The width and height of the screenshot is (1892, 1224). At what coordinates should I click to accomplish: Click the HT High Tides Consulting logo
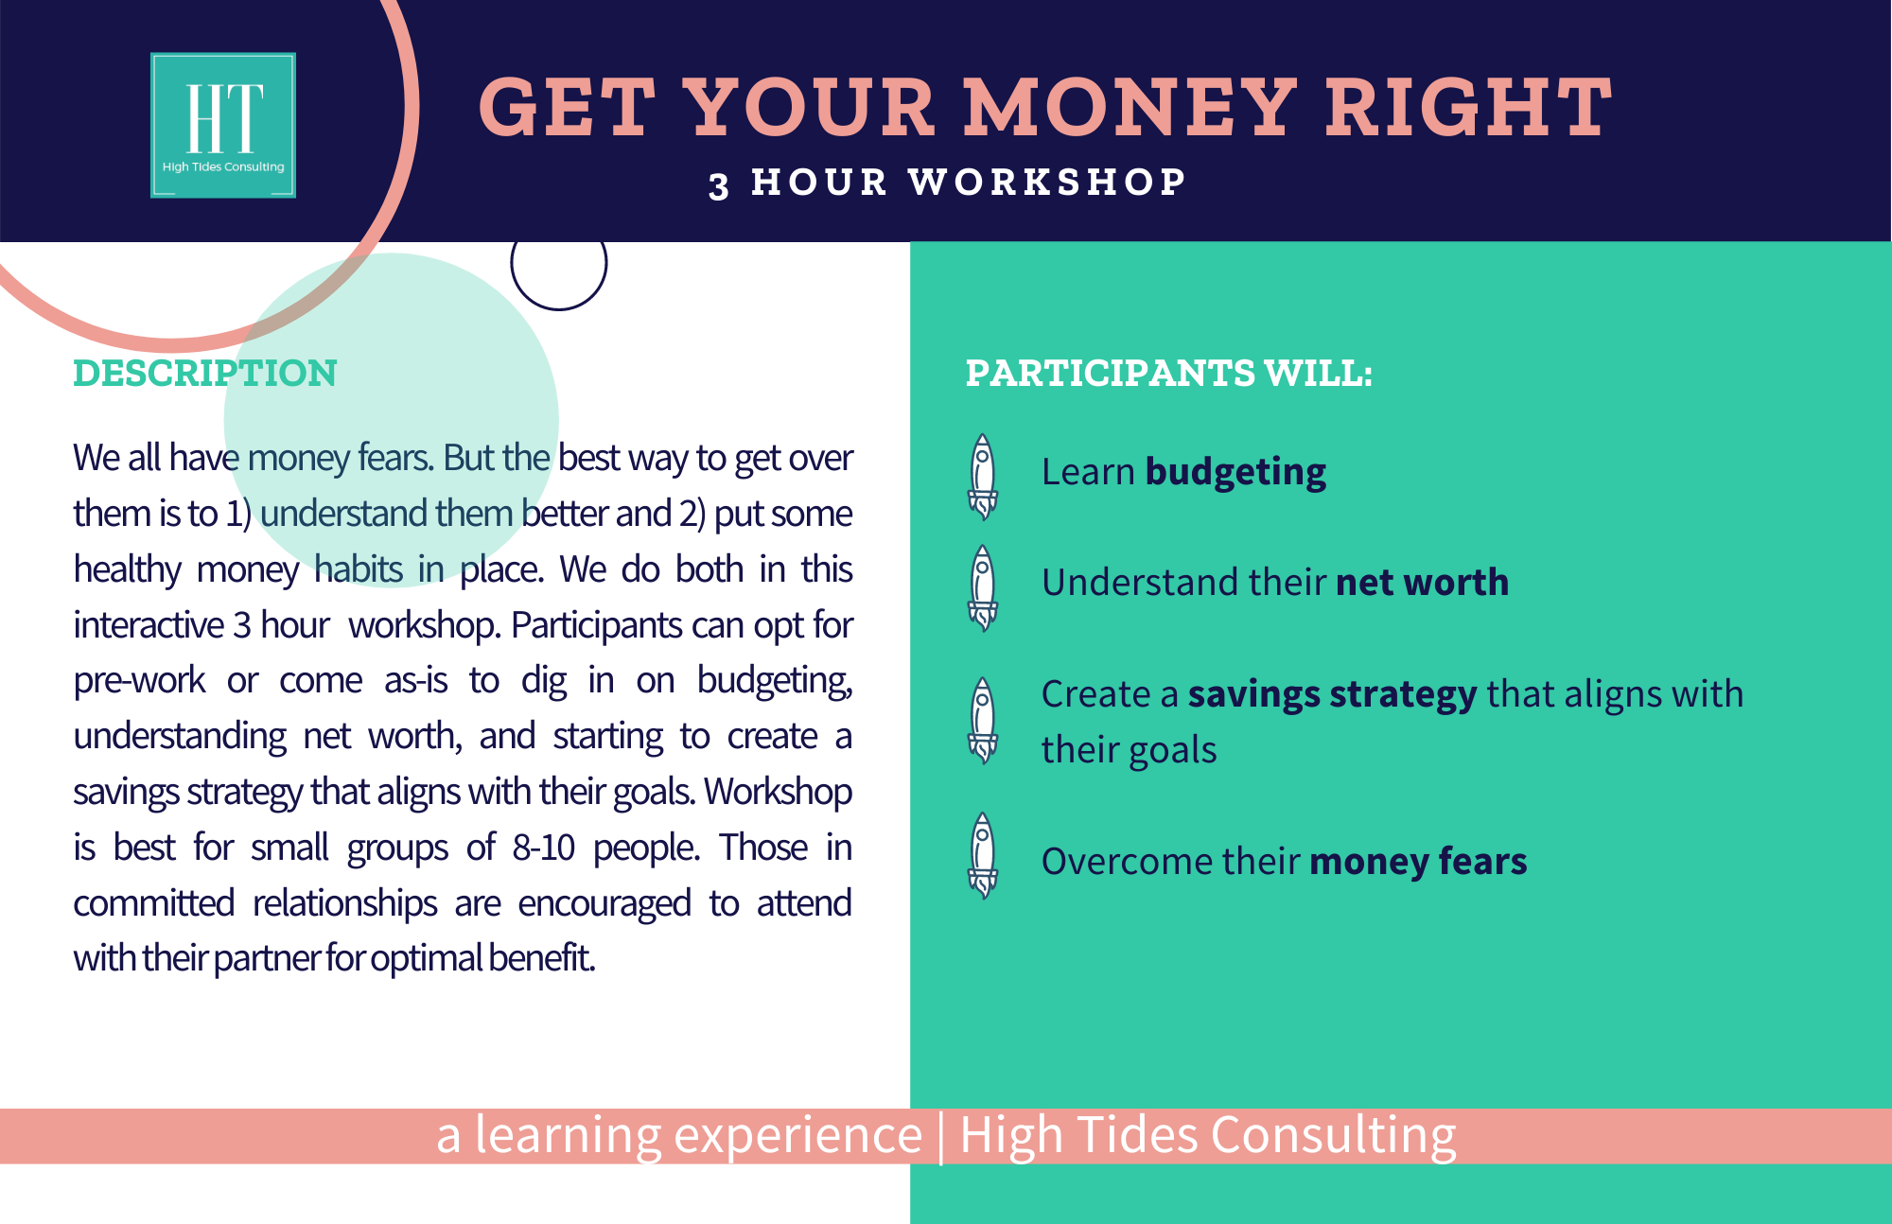tap(223, 125)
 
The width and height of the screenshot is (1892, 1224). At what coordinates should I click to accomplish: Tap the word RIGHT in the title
tap(1468, 107)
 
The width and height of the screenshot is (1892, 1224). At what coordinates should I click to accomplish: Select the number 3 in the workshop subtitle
tap(719, 184)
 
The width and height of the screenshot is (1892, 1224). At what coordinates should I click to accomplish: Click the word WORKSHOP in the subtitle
tap(1047, 182)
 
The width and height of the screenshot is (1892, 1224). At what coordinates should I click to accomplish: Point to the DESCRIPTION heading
tap(205, 373)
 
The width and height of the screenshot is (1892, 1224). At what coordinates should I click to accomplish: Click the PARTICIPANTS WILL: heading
tap(1168, 373)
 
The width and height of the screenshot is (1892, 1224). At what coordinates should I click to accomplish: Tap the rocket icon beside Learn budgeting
tap(983, 477)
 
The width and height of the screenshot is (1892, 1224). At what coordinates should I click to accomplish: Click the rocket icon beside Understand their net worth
tap(983, 587)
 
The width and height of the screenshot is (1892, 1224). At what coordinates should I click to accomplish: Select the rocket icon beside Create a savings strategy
tap(983, 720)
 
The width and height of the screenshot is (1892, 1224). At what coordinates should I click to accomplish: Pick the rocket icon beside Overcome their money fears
tap(983, 855)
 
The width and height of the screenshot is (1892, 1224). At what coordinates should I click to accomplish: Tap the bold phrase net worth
tap(1422, 583)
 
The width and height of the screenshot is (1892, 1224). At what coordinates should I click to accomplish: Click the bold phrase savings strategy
tap(1332, 695)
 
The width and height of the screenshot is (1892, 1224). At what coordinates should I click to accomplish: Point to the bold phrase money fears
tap(1418, 862)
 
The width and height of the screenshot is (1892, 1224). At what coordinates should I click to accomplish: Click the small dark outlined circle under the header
tap(558, 309)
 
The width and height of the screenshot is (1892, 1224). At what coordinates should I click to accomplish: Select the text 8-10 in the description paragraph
tap(544, 848)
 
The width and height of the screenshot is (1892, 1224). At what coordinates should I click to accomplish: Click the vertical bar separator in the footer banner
tap(941, 1137)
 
